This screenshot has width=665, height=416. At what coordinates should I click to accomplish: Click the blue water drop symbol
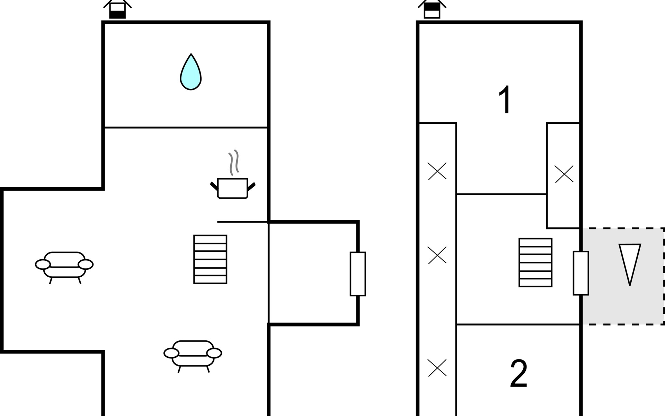[191, 72]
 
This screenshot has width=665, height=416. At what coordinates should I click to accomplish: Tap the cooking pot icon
[233, 188]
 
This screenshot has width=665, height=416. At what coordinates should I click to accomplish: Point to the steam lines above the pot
[234, 163]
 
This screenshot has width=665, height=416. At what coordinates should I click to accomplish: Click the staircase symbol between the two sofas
[210, 259]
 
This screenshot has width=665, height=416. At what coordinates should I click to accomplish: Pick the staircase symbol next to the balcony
[535, 262]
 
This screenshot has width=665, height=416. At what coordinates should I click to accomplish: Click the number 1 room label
[505, 99]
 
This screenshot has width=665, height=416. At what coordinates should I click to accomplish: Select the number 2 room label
[518, 374]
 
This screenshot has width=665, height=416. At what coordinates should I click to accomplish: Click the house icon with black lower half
[117, 9]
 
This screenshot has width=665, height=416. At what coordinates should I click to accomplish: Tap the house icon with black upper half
[432, 9]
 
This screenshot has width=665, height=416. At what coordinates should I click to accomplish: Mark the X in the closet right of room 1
[564, 174]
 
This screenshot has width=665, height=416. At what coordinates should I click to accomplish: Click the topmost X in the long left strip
[437, 171]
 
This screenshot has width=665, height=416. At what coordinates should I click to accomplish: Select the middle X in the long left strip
[437, 255]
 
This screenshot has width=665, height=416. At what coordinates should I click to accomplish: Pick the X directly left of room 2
[437, 368]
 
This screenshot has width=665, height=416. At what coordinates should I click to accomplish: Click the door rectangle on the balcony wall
[581, 273]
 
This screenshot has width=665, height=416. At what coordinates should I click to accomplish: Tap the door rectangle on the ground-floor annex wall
[358, 274]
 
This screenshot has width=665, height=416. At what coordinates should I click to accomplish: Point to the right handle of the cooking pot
[251, 186]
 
